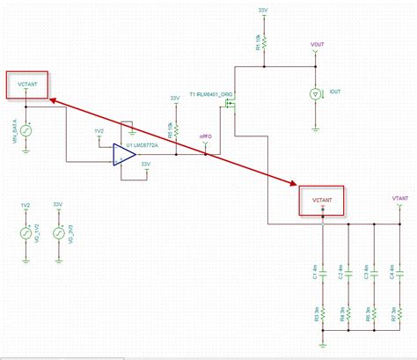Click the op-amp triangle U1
123,155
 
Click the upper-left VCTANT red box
26,85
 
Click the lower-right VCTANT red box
322,200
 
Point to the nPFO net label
204,136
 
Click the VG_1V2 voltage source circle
26,234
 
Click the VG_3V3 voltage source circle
58,234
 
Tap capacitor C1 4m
323,269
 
